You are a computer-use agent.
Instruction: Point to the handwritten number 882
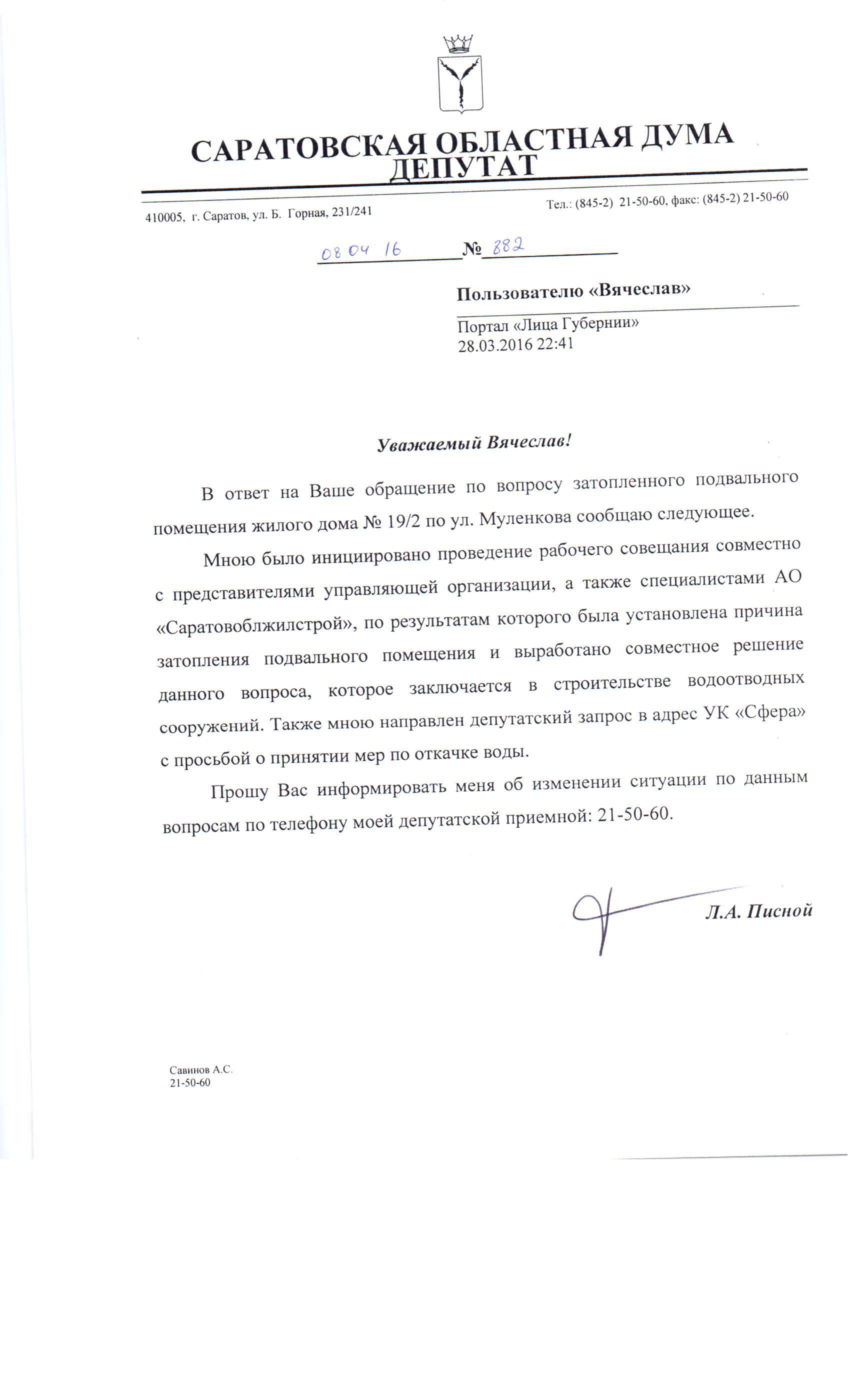507,246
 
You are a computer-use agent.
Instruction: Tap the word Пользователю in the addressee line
519,293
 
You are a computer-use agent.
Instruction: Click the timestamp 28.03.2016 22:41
515,344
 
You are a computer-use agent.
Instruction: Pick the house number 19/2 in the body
403,522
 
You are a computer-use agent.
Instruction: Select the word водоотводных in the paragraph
745,679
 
